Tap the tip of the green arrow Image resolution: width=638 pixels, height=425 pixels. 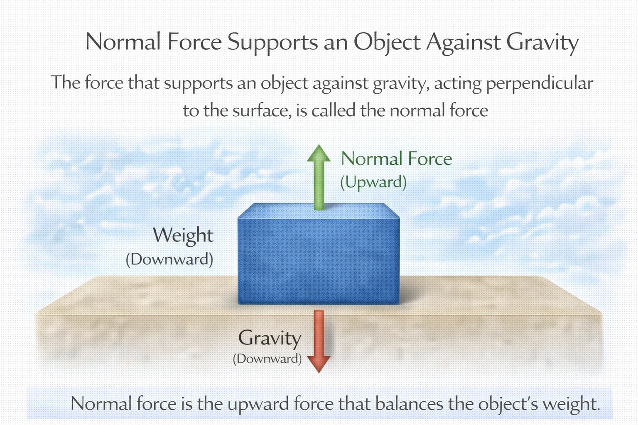coord(319,146)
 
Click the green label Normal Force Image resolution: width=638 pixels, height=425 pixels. coord(396,159)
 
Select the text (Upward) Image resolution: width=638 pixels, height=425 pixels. coord(373,182)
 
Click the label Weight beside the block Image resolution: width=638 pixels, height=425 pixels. coord(183,235)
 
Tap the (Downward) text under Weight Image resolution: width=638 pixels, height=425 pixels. coord(169,259)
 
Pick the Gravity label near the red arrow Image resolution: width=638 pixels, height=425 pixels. coord(270,338)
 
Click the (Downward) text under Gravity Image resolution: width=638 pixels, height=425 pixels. coord(267,358)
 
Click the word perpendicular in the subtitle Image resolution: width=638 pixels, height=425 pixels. coord(539,83)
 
